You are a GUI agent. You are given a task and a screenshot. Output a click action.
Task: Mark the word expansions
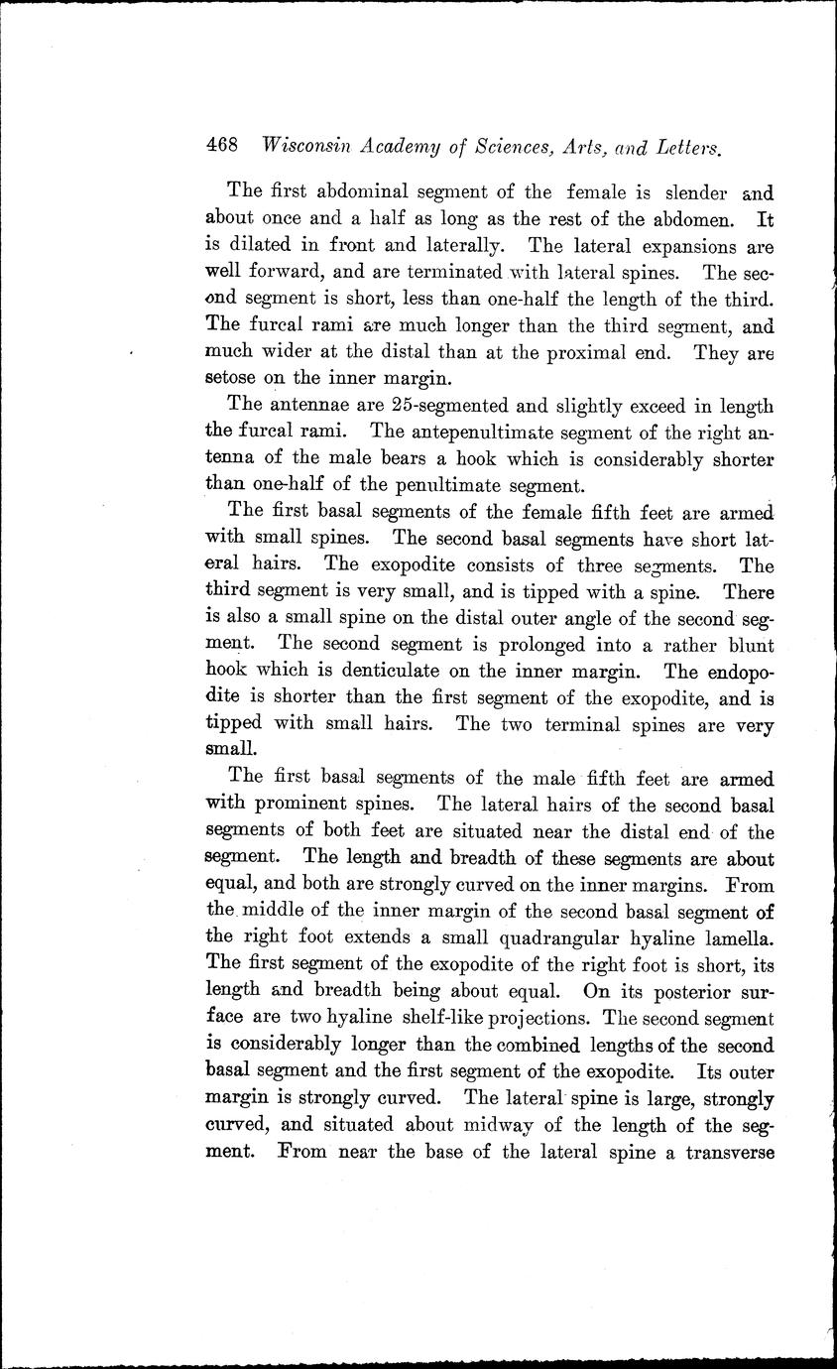681,244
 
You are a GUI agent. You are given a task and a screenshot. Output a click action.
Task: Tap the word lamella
733,938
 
